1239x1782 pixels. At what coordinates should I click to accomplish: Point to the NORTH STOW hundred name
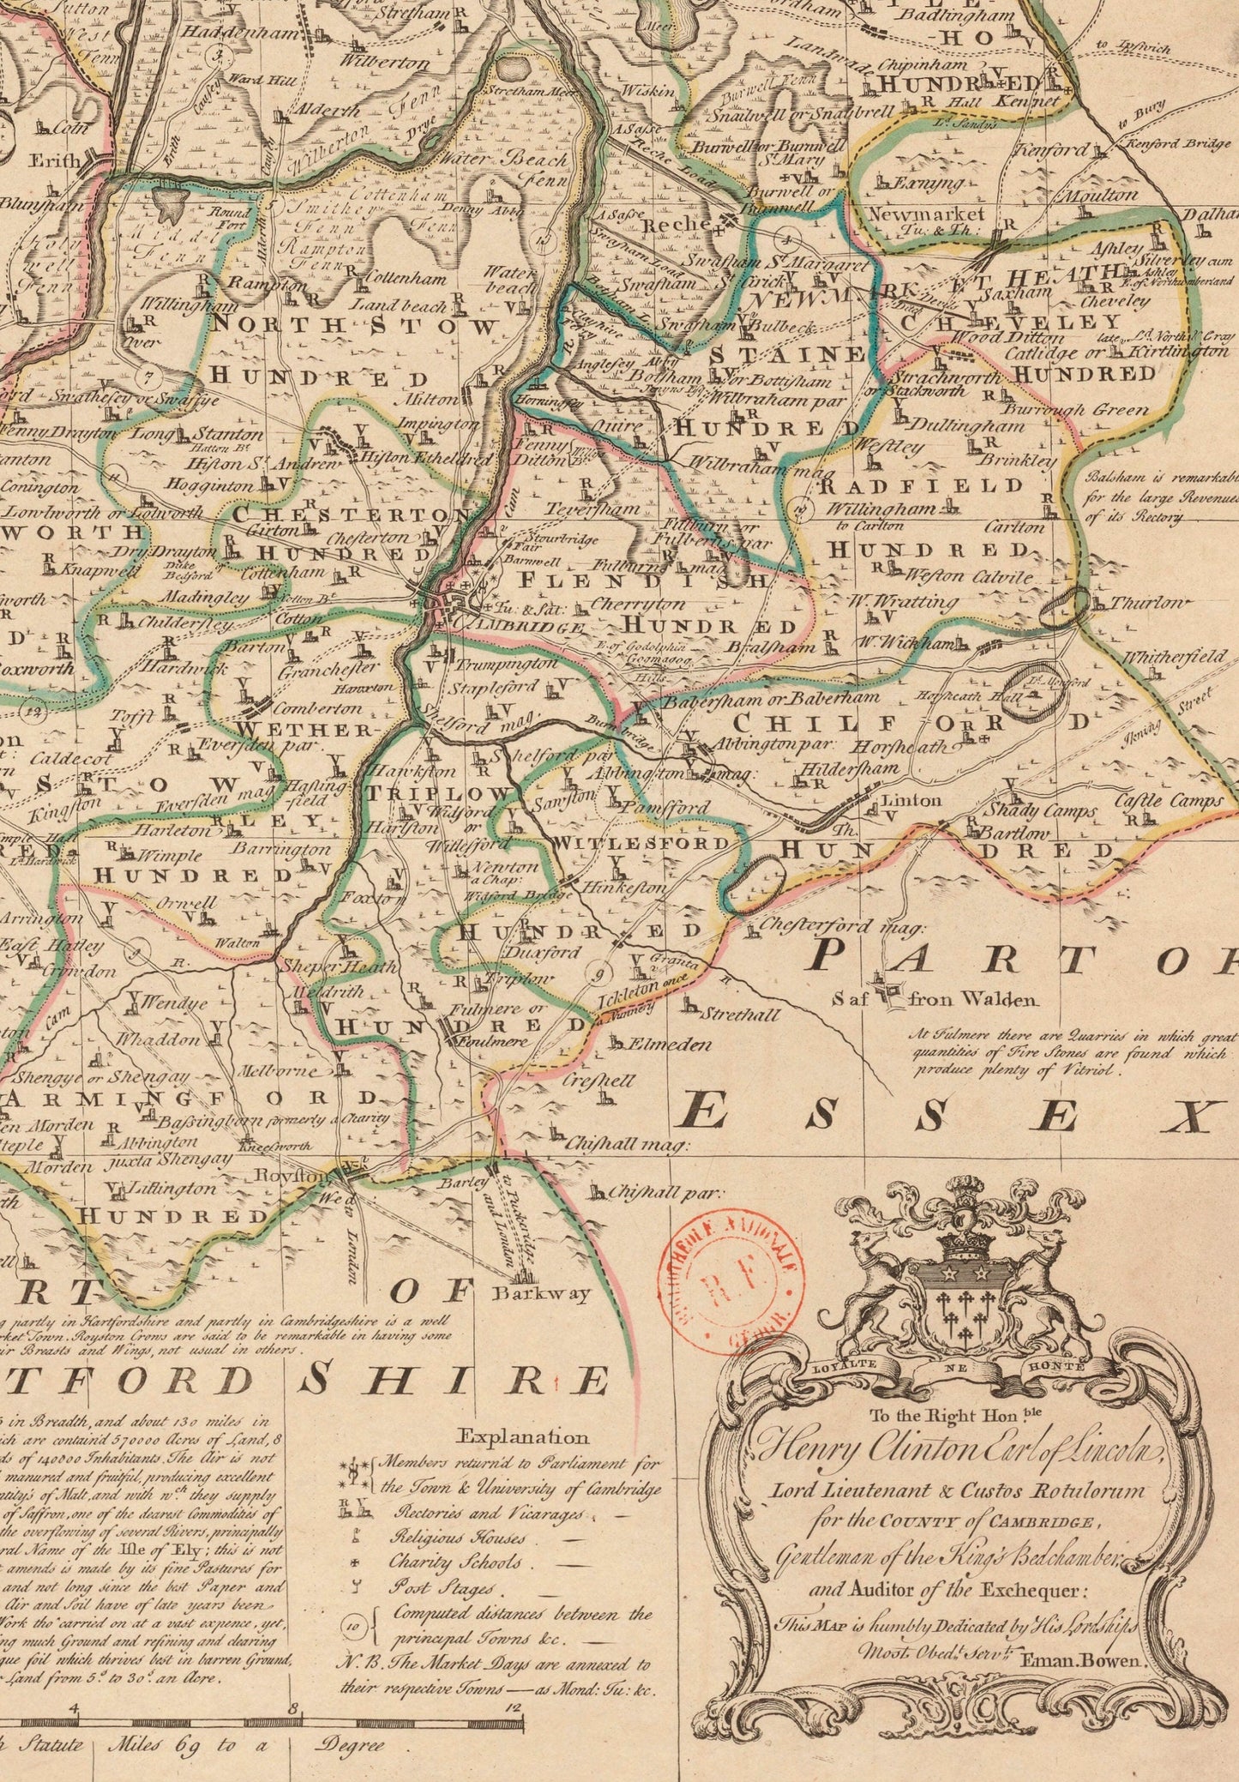[354, 327]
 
